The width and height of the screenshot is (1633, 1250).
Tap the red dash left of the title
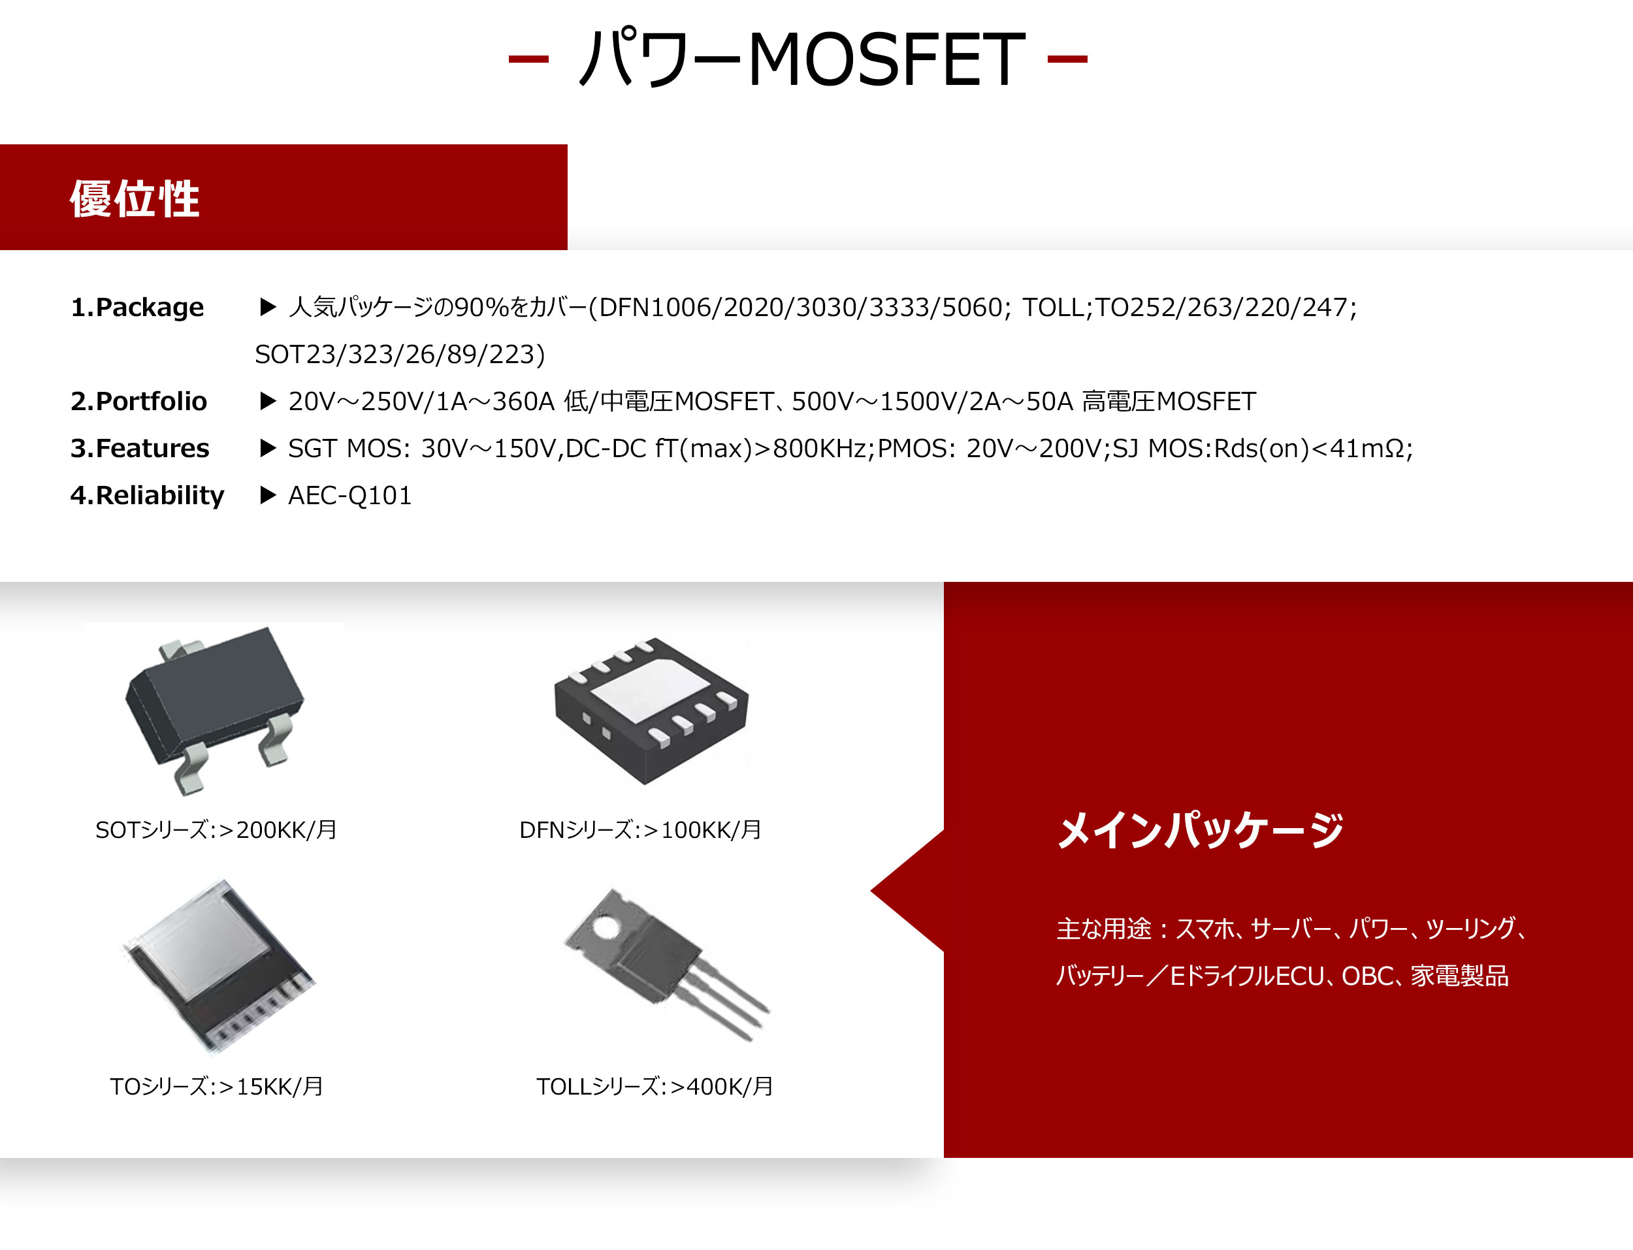click(528, 59)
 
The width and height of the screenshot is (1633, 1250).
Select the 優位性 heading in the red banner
click(135, 199)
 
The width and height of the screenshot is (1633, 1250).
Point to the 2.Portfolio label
click(138, 401)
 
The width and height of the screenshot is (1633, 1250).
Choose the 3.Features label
click(140, 448)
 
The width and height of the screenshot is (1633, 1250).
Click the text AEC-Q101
click(349, 496)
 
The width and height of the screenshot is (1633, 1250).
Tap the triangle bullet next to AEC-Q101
click(268, 496)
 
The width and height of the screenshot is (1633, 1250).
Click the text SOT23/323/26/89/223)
click(400, 354)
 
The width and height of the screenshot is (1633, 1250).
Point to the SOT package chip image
click(214, 711)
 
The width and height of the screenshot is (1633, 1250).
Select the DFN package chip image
click(651, 710)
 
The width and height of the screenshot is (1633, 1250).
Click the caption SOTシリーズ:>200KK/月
click(216, 829)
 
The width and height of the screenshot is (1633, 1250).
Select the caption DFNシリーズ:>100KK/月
click(639, 829)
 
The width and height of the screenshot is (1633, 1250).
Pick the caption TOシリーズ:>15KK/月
click(216, 1086)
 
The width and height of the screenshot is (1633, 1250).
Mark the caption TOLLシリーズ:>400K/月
click(655, 1086)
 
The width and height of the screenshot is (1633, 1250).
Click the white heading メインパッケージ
click(1200, 829)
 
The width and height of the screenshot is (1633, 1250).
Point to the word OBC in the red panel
click(1367, 976)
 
